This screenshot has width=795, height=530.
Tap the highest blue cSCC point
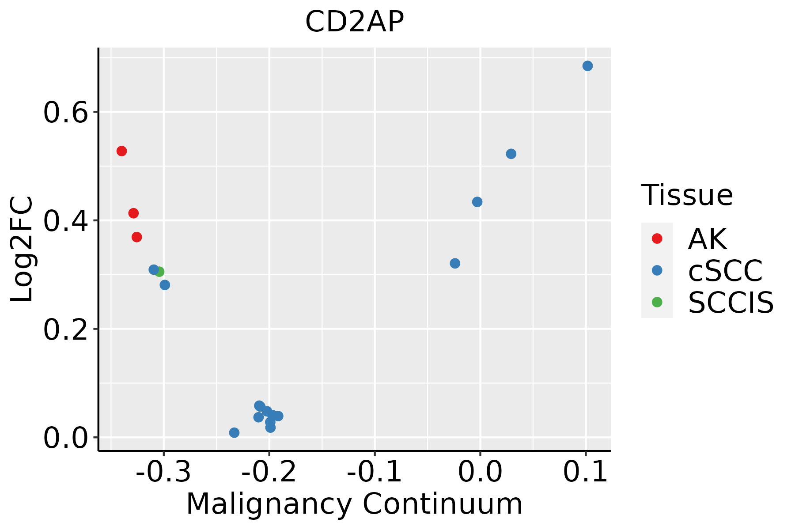(x=587, y=66)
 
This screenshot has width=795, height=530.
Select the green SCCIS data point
(x=160, y=272)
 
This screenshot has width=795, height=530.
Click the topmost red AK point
(x=121, y=151)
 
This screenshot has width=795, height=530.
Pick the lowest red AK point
(x=137, y=237)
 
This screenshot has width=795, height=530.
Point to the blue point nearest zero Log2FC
(x=234, y=432)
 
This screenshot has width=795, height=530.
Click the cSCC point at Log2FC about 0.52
(x=511, y=154)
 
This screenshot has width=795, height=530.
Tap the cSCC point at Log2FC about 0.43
(x=477, y=202)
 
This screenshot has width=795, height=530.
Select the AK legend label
(x=707, y=239)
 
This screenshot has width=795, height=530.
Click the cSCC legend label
(x=725, y=271)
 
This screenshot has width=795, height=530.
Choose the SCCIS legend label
(x=731, y=303)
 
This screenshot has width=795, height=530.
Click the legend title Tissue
(x=687, y=195)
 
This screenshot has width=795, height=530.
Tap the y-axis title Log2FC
(x=22, y=249)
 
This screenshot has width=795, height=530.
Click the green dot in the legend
(x=657, y=302)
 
